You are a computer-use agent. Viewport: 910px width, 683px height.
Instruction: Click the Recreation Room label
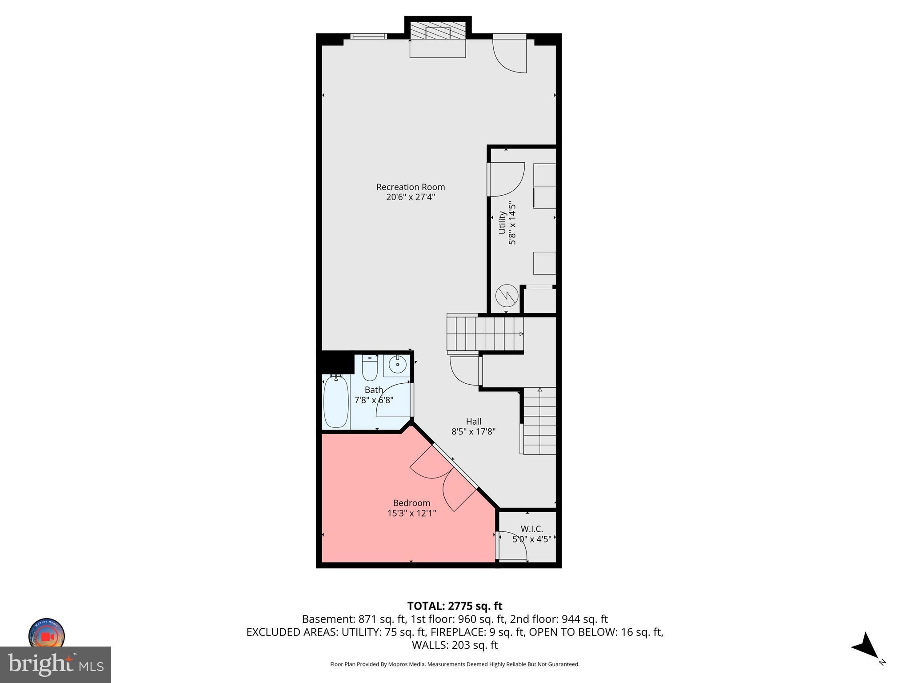(410, 187)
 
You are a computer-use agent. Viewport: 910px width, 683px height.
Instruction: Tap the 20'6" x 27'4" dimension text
(410, 197)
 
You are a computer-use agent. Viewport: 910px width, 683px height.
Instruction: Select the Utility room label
(502, 222)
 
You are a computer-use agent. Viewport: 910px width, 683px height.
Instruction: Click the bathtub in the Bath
(336, 401)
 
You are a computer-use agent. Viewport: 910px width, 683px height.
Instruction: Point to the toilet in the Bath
(369, 367)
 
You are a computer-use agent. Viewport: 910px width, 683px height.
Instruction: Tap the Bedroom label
(411, 503)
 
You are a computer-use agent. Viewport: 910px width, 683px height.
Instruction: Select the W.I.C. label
(531, 529)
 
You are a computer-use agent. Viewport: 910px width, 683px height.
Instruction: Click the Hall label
(473, 421)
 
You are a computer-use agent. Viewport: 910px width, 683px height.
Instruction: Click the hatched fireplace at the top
(437, 32)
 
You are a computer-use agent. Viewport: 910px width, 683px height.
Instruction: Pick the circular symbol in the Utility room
(507, 296)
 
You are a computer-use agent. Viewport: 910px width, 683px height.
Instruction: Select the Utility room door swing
(507, 179)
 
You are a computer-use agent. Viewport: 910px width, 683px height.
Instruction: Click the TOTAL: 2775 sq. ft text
(455, 606)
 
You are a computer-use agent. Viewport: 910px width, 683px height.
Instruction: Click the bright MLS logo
(55, 664)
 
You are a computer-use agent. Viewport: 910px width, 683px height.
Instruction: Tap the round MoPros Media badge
(47, 634)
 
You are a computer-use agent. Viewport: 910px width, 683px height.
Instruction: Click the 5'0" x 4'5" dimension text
(531, 539)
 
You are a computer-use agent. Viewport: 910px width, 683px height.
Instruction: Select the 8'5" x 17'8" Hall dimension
(473, 431)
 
